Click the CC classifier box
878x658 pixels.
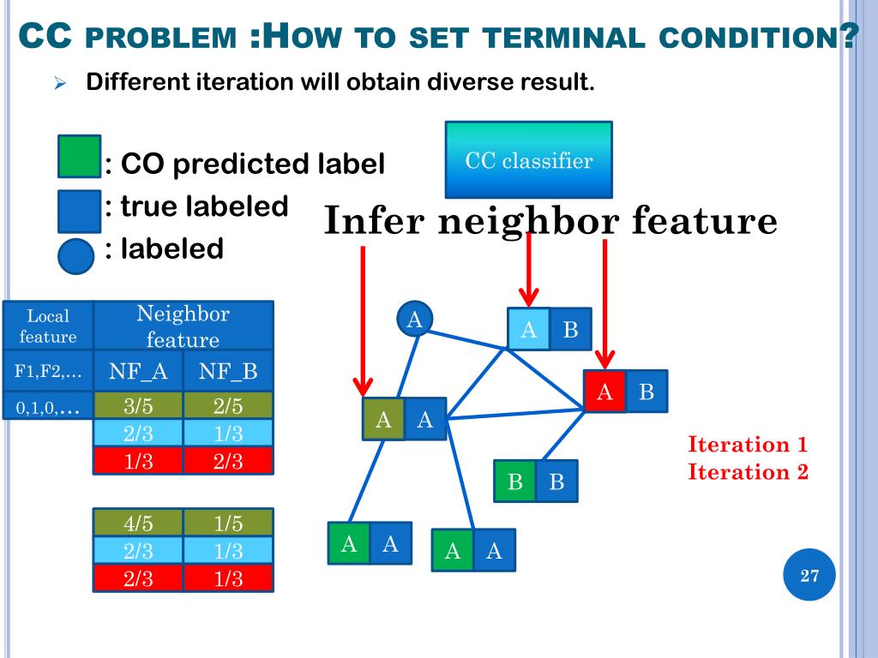coord(528,160)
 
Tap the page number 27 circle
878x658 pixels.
coord(809,576)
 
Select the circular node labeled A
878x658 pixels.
coord(415,320)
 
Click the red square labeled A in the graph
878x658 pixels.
coord(604,392)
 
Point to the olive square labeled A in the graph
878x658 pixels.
coord(383,419)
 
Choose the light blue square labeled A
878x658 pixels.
coord(529,329)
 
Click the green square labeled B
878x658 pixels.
coord(514,481)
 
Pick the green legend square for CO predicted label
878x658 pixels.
coord(79,156)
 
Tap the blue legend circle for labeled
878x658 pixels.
coord(75,256)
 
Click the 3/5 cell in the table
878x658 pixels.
coord(137,405)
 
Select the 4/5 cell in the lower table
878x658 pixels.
coord(137,523)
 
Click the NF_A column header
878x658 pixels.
coord(137,371)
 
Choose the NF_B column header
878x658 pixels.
coord(227,371)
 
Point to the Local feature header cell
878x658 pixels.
coord(48,326)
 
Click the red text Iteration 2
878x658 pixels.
coord(748,471)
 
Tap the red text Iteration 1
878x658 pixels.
coord(748,444)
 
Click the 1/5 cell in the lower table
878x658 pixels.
coord(227,523)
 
